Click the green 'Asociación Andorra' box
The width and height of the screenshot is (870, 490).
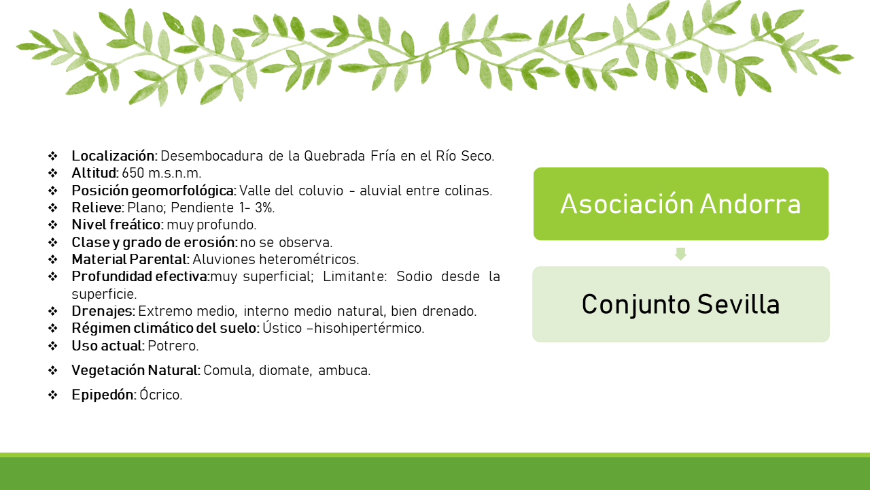(x=681, y=203)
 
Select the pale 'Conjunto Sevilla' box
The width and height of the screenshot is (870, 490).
(x=681, y=304)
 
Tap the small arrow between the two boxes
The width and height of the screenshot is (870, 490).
(x=680, y=254)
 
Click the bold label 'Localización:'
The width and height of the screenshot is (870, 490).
(x=115, y=156)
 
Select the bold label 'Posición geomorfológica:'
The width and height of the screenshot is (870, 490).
(x=154, y=191)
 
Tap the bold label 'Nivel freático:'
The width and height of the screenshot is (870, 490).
(x=118, y=225)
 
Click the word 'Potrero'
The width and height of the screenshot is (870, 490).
(x=172, y=346)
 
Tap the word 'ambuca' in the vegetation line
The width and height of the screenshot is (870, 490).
(x=343, y=370)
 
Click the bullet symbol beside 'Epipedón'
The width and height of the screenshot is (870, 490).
(x=53, y=395)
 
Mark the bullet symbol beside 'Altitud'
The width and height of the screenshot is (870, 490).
(x=53, y=173)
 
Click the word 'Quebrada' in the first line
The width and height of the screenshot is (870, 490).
(x=334, y=156)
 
